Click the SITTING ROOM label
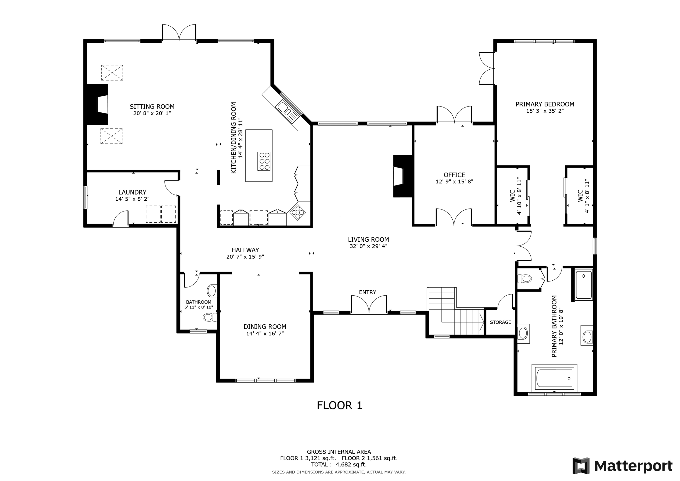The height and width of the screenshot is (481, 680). pyautogui.click(x=152, y=107)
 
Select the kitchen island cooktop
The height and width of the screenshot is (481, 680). pyautogui.click(x=264, y=161)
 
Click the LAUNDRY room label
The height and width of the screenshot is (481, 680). pyautogui.click(x=132, y=192)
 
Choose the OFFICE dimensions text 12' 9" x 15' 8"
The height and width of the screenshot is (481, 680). pyautogui.click(x=454, y=182)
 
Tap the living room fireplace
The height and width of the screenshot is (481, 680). pyautogui.click(x=403, y=176)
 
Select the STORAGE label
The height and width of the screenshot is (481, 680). pyautogui.click(x=500, y=322)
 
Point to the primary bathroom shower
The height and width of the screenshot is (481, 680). pyautogui.click(x=584, y=284)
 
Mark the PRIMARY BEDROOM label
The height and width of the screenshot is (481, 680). pyautogui.click(x=545, y=104)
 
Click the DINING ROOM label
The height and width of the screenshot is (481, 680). pyautogui.click(x=265, y=327)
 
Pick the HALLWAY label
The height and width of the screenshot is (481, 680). pyautogui.click(x=245, y=250)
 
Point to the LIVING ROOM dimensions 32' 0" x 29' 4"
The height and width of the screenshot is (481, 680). pyautogui.click(x=368, y=246)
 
